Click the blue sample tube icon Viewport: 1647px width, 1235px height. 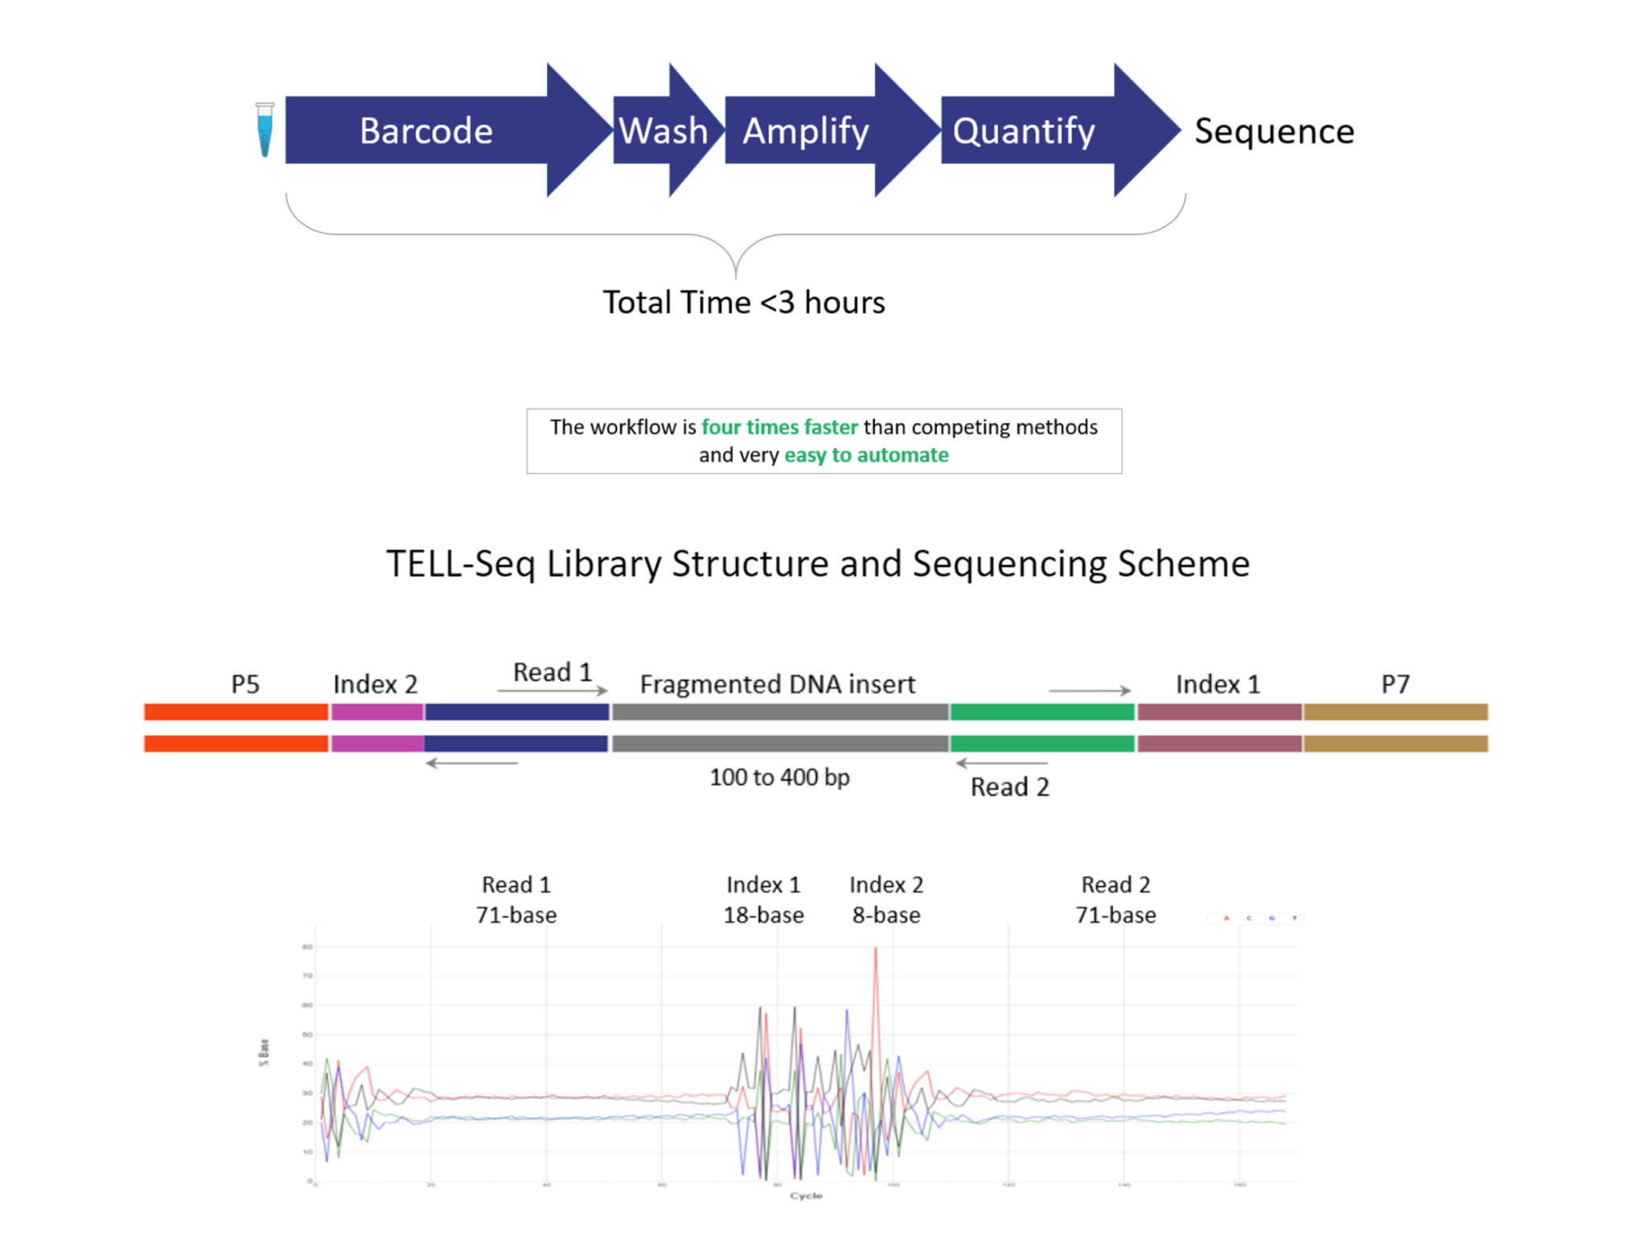point(265,129)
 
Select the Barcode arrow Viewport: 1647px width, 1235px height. point(426,131)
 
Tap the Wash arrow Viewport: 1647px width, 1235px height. point(663,131)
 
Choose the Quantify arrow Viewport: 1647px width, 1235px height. point(1023,131)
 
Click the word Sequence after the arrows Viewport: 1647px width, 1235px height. point(1274,131)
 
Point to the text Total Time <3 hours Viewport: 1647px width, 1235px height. point(744,303)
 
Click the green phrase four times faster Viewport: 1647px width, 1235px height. point(779,427)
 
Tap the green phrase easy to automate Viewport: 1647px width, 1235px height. point(866,455)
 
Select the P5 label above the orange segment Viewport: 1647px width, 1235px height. point(245,684)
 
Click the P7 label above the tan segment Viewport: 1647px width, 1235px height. point(1395,684)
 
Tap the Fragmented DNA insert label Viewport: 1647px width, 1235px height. point(778,684)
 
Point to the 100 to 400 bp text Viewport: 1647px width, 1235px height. point(779,778)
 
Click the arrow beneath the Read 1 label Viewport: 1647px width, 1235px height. point(552,691)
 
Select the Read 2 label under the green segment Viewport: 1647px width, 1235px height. point(1010,787)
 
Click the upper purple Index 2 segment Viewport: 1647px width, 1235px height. point(377,712)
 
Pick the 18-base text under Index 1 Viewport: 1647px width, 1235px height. point(763,915)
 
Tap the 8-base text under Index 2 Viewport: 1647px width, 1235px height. point(886,915)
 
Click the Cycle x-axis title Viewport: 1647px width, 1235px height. point(806,1196)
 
